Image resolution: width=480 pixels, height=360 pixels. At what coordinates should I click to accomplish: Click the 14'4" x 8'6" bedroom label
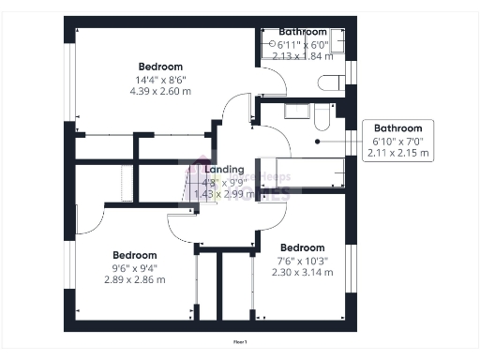coord(160,67)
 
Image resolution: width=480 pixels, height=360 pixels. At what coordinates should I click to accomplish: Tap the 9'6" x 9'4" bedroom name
coord(135,255)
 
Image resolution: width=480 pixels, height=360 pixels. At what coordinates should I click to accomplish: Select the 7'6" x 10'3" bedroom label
coord(303,247)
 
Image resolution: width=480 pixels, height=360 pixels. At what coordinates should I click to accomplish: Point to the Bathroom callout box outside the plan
coord(397,140)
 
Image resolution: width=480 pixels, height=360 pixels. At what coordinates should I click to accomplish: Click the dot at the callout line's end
coord(318,142)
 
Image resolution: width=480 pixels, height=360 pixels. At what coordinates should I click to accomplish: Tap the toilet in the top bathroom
coord(331,82)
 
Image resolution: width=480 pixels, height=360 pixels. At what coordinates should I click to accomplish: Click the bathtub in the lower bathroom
coord(309,172)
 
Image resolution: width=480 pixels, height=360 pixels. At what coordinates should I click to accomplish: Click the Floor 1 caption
coord(240,342)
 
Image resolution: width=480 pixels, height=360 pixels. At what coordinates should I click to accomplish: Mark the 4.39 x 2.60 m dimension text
coord(160,92)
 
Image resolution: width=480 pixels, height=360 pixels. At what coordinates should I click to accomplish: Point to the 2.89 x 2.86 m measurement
coord(135,279)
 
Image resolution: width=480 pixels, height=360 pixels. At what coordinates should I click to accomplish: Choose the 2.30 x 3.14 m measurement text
coord(303,272)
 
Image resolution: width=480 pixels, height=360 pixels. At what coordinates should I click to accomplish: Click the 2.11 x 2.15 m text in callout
coord(397,152)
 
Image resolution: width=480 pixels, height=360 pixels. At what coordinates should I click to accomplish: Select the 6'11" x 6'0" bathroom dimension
coord(303,44)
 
